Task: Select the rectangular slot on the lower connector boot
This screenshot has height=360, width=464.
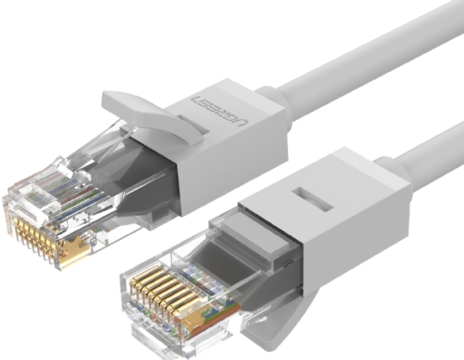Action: click(x=313, y=199)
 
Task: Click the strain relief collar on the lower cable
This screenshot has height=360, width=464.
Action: click(x=392, y=171)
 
